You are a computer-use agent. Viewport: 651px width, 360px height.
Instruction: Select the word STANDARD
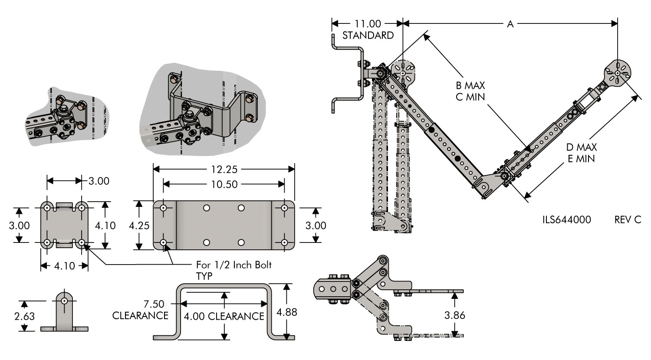point(368,35)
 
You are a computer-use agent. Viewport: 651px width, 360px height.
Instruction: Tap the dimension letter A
point(510,24)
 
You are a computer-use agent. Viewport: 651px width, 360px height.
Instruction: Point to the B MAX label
point(470,85)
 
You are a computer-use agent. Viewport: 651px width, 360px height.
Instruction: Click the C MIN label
point(470,96)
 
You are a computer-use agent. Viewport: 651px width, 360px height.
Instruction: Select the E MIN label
point(582,158)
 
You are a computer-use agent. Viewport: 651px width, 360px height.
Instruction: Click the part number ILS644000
point(566,220)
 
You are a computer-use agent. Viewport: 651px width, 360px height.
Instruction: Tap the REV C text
point(628,220)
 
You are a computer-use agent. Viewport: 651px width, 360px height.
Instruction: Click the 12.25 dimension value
point(224,169)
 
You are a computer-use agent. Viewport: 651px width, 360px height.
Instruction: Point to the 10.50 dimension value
point(224,184)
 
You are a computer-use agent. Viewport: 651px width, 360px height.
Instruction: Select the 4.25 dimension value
point(139,225)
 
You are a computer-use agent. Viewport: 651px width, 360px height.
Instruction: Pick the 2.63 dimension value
point(24,317)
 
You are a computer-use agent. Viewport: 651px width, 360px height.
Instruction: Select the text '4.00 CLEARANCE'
point(224,316)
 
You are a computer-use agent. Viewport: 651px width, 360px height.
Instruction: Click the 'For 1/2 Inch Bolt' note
point(235,265)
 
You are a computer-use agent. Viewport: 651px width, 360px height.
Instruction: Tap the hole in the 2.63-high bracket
point(64,301)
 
